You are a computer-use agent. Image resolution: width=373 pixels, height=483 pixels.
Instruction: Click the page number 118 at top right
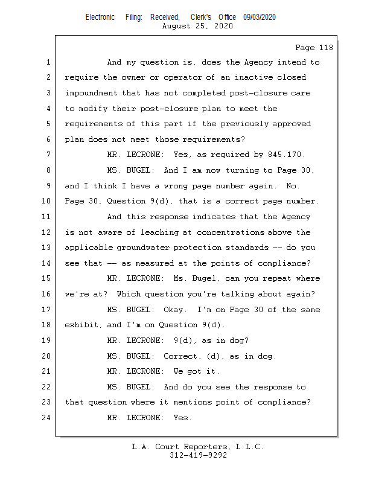(326, 48)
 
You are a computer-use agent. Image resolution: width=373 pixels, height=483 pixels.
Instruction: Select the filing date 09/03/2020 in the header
(260, 18)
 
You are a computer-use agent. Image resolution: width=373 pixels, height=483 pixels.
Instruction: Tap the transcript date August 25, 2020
(197, 26)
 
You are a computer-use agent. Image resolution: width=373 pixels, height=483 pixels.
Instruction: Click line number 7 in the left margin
(48, 155)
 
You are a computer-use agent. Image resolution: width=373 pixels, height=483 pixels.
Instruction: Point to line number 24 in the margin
(46, 418)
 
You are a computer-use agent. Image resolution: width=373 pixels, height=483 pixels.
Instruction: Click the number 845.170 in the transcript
(286, 155)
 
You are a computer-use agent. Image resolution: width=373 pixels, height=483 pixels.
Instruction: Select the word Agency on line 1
(258, 62)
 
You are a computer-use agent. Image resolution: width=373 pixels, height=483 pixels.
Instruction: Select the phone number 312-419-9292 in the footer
(198, 455)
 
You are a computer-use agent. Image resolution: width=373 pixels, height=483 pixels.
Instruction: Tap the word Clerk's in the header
(201, 18)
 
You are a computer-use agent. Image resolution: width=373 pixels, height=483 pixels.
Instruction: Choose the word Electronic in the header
(100, 18)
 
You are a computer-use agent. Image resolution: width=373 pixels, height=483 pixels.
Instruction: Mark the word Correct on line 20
(182, 356)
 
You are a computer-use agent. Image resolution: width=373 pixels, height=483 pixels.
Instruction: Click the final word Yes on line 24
(182, 418)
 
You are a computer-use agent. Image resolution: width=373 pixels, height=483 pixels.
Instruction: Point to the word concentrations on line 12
(231, 232)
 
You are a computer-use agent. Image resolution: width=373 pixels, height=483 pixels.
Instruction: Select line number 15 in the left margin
(46, 278)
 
